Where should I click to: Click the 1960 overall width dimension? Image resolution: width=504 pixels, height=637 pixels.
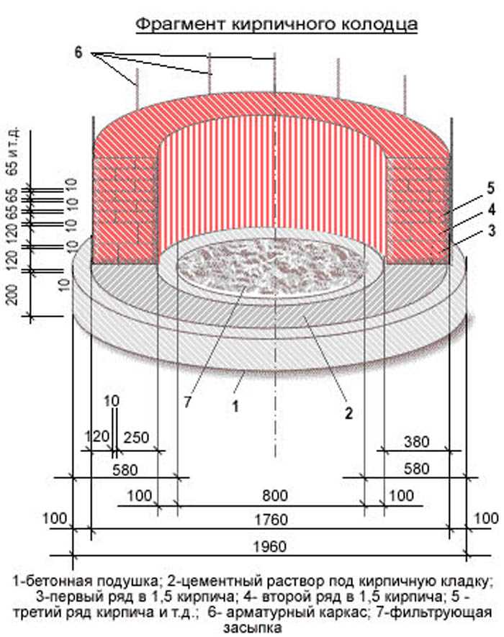click(x=270, y=547)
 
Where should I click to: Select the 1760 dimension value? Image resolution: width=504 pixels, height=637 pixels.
click(x=271, y=520)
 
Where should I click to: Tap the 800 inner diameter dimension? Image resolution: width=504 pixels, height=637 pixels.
click(x=275, y=496)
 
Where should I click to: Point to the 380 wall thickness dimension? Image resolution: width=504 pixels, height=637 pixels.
click(x=417, y=442)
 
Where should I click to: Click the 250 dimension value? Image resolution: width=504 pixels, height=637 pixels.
click(x=136, y=438)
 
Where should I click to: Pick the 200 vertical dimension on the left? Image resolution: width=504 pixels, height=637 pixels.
click(x=13, y=294)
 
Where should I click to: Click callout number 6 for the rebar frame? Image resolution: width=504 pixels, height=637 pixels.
click(x=78, y=53)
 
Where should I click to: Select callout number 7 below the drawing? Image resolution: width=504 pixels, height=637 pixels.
click(x=187, y=402)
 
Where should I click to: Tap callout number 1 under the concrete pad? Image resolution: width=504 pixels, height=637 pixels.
click(x=235, y=406)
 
